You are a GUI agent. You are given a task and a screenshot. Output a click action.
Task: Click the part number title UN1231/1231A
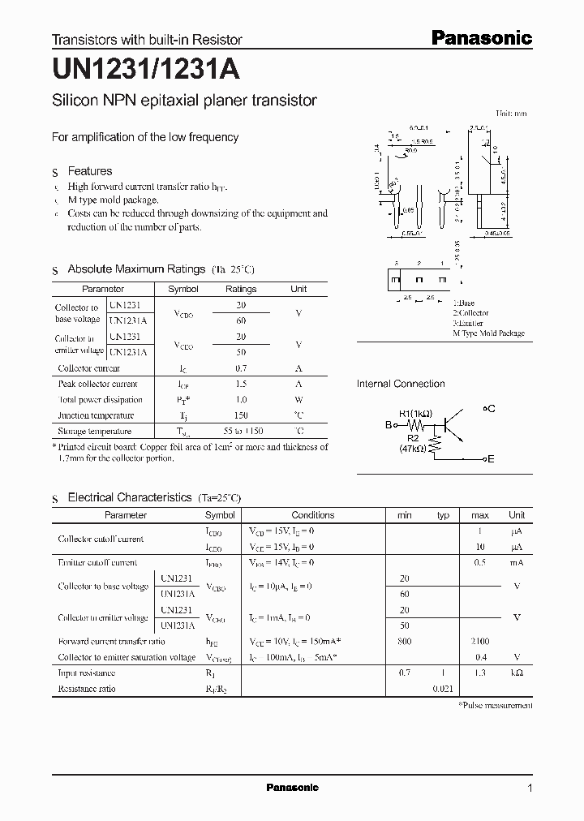[x=146, y=71]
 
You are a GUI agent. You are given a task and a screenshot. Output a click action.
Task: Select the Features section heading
[x=89, y=171]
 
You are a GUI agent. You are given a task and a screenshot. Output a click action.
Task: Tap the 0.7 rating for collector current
[x=241, y=368]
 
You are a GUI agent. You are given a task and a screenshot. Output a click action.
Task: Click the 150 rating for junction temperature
[x=241, y=415]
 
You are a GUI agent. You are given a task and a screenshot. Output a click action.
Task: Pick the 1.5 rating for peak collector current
[x=241, y=384]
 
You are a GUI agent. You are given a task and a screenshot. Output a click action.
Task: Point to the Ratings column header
[x=241, y=289]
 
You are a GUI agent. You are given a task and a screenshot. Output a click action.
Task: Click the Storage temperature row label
[x=94, y=432]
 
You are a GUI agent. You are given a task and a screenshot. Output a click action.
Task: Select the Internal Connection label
[x=401, y=384]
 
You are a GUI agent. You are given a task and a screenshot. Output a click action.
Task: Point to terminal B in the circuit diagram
[x=389, y=424]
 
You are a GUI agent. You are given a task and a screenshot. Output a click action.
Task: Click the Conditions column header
[x=312, y=515]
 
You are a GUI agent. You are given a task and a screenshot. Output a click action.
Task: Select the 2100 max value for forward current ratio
[x=479, y=641]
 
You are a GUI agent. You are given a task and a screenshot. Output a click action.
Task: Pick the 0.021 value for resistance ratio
[x=443, y=689]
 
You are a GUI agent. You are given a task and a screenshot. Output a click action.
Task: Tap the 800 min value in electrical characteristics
[x=405, y=641]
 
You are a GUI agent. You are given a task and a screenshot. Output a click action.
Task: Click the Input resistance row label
[x=86, y=673]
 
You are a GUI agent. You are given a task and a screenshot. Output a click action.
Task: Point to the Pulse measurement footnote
[x=496, y=705]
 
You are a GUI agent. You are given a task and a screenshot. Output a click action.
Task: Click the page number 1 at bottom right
[x=530, y=789]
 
